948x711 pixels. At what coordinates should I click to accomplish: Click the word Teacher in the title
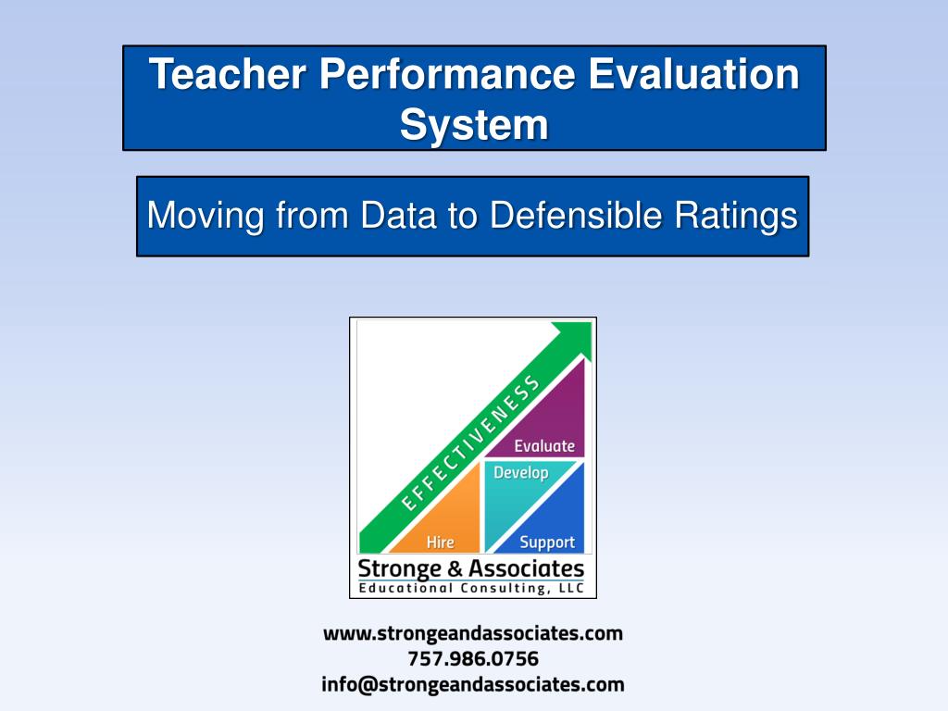click(227, 74)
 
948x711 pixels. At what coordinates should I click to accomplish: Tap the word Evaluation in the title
click(693, 74)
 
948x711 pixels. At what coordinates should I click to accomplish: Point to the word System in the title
click(474, 123)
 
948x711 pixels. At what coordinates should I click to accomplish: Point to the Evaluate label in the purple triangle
click(544, 445)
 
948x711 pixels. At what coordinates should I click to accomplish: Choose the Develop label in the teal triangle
click(521, 473)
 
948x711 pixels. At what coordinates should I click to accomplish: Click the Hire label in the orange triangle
click(440, 543)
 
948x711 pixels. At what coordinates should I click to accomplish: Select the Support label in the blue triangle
click(547, 543)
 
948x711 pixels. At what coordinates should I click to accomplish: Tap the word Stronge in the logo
click(399, 568)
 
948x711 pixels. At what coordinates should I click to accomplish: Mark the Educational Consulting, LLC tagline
click(472, 588)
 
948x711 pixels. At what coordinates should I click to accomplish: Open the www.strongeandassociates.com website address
click(473, 634)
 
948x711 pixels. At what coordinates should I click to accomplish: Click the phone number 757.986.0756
click(473, 659)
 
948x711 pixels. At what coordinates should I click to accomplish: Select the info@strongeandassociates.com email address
click(473, 685)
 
